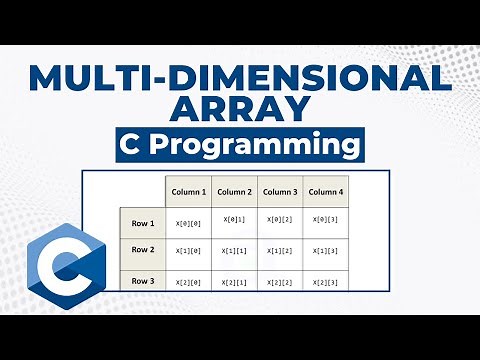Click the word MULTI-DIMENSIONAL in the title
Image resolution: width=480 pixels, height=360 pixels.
(240, 78)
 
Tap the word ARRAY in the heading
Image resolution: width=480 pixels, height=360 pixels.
(240, 109)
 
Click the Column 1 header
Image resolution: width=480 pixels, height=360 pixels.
(188, 192)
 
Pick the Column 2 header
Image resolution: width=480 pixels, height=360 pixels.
(234, 192)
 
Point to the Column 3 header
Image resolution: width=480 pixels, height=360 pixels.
(279, 192)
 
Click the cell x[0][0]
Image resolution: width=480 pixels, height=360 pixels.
(188, 220)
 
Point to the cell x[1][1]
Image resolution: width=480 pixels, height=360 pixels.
(234, 252)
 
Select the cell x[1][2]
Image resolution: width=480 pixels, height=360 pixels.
(279, 252)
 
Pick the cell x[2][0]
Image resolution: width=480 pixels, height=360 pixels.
(188, 284)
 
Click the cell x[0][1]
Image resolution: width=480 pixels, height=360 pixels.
(234, 219)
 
